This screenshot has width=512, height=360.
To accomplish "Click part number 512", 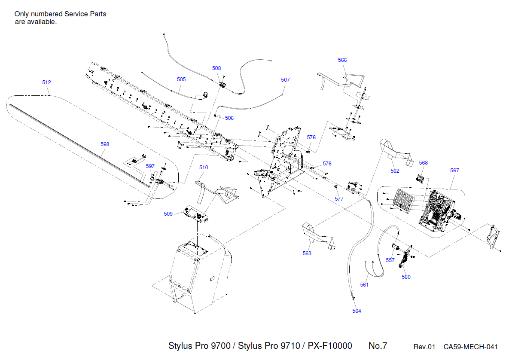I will tap(46, 82).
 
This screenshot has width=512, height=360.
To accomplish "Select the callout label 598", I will tap(105, 144).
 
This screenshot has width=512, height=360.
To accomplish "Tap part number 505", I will tap(181, 79).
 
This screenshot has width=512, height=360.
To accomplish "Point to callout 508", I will tap(216, 68).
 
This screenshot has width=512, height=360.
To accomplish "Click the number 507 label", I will tap(285, 80).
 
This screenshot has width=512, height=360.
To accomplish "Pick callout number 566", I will tap(342, 60).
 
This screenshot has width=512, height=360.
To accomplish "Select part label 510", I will tap(204, 168).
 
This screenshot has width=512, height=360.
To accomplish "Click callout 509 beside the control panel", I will tap(168, 214).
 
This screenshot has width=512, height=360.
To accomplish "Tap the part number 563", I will tap(307, 253).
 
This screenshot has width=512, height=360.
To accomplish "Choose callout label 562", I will tap(395, 171).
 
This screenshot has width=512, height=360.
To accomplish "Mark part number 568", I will tap(424, 163).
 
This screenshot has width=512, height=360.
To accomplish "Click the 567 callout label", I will tap(454, 171).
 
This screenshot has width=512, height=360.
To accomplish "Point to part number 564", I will tap(357, 311).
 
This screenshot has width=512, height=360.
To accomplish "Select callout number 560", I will tap(406, 277).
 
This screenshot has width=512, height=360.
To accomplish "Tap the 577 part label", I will tap(339, 199).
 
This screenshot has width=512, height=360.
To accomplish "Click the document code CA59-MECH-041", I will tap(470, 347).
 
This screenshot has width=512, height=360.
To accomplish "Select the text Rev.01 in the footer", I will tap(424, 347).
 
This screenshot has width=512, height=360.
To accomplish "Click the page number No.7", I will tap(378, 346).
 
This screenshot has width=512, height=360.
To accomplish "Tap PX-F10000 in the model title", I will tap(330, 346).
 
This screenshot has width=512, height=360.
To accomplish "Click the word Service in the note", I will tap(76, 14).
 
